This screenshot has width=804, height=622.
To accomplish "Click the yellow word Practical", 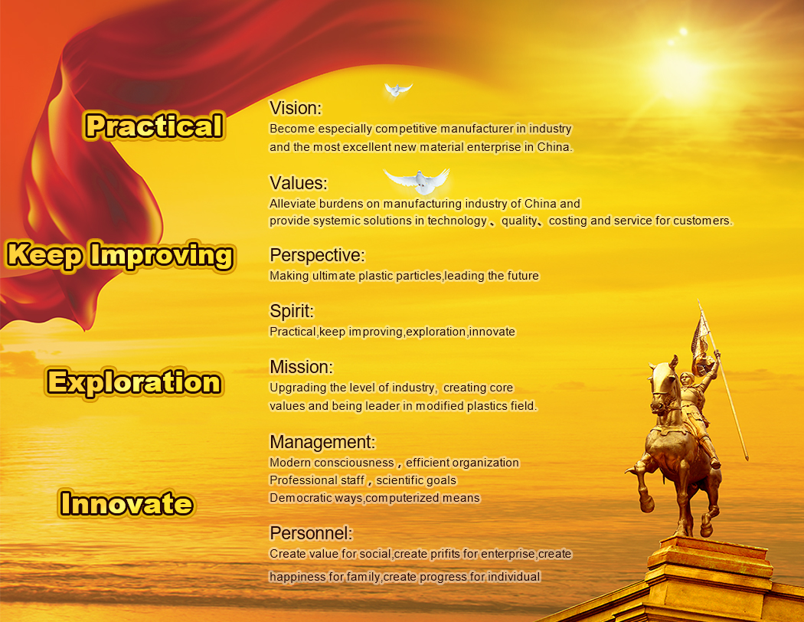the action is [155, 126].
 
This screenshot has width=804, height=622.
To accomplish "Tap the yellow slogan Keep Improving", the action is [121, 255].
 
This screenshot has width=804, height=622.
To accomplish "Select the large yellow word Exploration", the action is [134, 382].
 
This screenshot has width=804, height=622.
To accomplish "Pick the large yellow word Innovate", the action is [126, 503].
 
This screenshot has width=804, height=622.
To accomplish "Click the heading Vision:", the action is [296, 108].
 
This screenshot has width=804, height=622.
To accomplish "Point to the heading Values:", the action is [299, 183].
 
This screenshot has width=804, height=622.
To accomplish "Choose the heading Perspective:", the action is [318, 255].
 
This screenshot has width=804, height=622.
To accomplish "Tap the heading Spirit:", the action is [292, 311].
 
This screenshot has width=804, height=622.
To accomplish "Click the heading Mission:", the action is [302, 367].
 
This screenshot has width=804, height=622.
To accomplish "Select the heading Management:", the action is [323, 442].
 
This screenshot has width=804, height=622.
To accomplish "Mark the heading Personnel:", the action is [311, 533].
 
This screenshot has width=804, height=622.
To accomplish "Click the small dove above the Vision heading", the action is [397, 90].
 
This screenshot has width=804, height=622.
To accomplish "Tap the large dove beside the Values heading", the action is [417, 179].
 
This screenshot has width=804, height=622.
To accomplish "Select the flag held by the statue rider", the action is [701, 342].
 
